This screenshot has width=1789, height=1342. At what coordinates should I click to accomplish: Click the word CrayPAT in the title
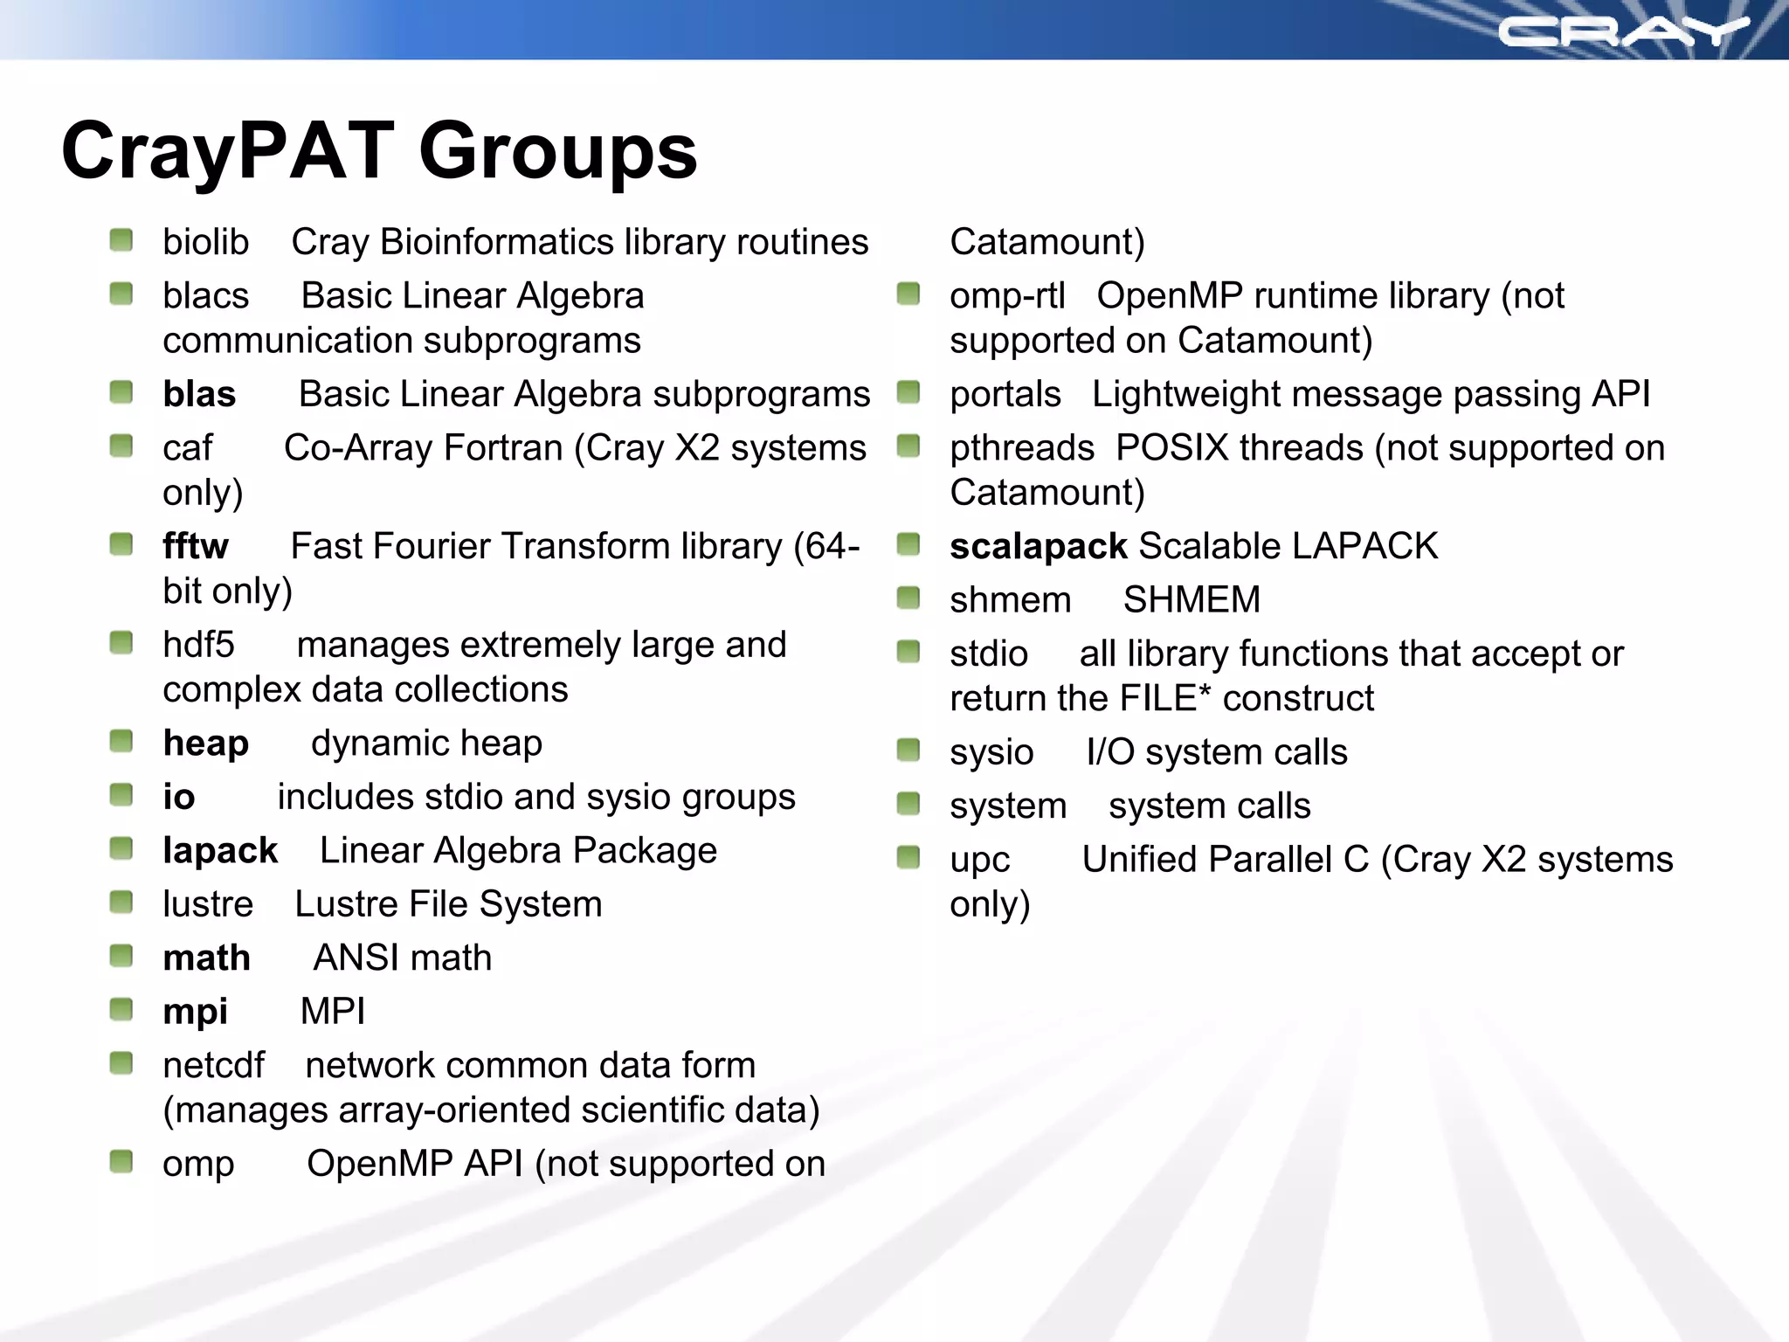[228, 151]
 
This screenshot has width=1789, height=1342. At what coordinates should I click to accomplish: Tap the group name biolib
[205, 242]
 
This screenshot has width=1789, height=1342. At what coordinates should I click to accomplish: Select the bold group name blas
[199, 395]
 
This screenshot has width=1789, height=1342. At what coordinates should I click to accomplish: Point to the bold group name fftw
[196, 546]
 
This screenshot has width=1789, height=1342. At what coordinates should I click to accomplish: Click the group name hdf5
[198, 645]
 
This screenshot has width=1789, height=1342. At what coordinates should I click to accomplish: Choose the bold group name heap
[205, 744]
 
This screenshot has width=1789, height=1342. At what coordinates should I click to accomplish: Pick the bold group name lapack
[220, 851]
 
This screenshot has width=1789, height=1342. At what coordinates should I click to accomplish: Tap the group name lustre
[208, 904]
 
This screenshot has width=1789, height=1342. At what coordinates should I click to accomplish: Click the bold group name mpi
[195, 1012]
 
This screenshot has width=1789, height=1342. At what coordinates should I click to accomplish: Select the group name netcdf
[213, 1066]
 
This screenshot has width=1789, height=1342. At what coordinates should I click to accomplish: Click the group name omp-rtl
[1007, 296]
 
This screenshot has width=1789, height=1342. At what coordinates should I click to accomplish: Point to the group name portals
[1005, 395]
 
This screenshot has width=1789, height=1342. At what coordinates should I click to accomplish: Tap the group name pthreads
[1021, 448]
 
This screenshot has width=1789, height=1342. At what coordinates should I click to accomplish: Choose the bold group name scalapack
[1038, 547]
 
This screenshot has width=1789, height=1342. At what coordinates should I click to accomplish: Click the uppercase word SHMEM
[1192, 600]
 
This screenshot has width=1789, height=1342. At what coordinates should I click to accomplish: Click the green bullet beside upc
[908, 858]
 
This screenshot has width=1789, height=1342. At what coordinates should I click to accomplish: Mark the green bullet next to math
[121, 957]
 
